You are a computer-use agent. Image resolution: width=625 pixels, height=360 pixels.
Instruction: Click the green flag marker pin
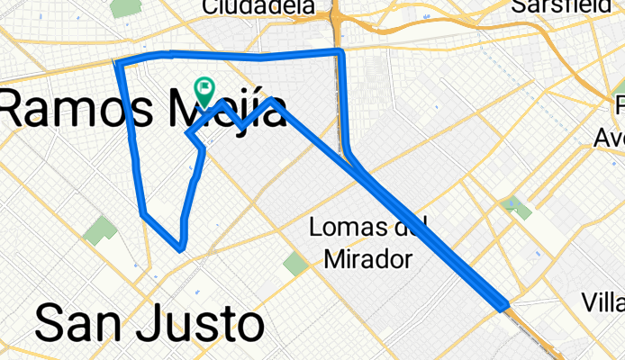pyautogui.click(x=204, y=89)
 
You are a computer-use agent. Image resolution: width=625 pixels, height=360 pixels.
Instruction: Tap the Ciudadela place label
pyautogui.click(x=258, y=7)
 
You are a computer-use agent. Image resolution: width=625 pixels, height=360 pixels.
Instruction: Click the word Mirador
pyautogui.click(x=367, y=259)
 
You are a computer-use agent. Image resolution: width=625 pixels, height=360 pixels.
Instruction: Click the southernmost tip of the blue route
pyautogui.click(x=182, y=247)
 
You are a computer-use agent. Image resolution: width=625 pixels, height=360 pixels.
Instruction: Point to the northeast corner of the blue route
pyautogui.click(x=340, y=53)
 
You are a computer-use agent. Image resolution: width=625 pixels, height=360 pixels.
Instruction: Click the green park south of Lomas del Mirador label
pyautogui.click(x=294, y=264)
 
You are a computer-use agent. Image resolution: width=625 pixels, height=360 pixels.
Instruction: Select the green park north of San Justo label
pyautogui.click(x=100, y=231)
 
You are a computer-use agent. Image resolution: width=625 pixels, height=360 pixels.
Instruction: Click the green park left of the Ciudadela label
pyautogui.click(x=123, y=8)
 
